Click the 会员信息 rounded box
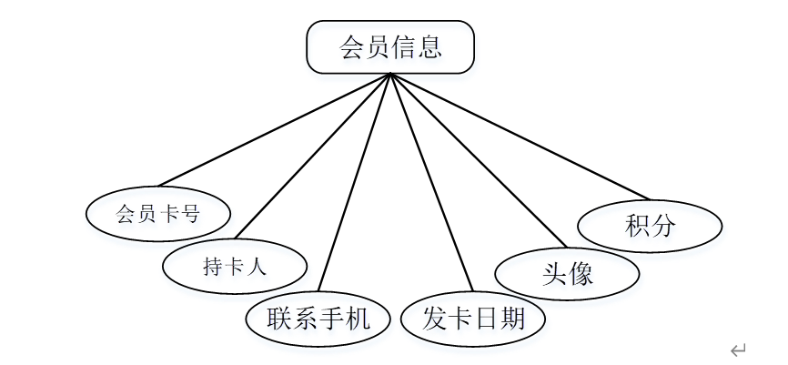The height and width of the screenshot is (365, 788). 390,47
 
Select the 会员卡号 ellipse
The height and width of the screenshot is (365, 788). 157,215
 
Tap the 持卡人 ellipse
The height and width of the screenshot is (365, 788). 234,267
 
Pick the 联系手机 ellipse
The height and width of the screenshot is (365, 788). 318,319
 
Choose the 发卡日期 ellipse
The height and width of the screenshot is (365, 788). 473,319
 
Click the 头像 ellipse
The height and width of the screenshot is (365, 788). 567,273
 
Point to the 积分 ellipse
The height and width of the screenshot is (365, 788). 650,226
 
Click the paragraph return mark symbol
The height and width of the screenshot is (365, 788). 738,349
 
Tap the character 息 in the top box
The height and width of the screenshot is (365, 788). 429,47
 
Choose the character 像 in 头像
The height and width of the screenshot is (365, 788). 581,273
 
